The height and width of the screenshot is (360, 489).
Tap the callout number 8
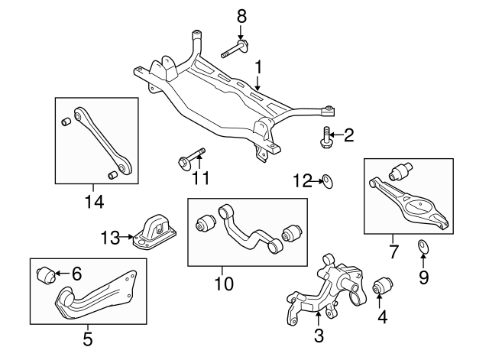click(x=241, y=15)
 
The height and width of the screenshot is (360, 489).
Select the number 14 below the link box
click(x=94, y=202)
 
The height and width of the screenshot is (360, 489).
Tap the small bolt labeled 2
click(x=325, y=138)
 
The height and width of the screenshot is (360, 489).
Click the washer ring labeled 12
click(x=326, y=180)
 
